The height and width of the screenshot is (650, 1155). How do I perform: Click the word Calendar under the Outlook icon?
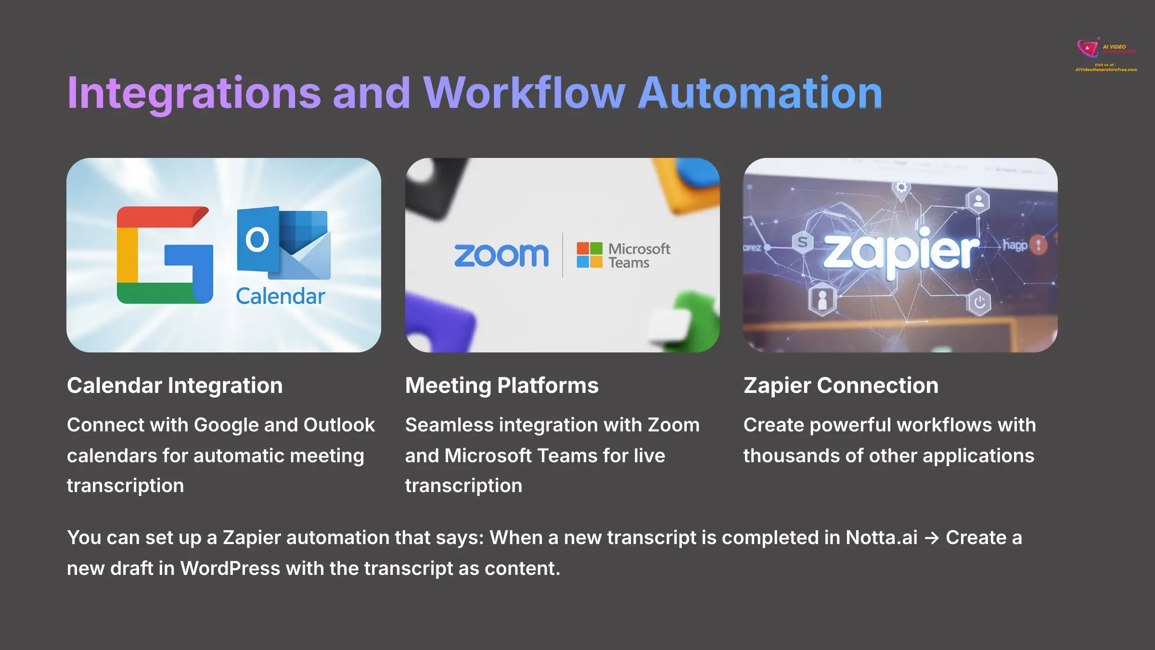pyautogui.click(x=281, y=296)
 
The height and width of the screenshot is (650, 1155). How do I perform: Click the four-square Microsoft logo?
pyautogui.click(x=590, y=255)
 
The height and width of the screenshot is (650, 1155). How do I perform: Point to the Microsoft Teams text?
pyautogui.click(x=639, y=255)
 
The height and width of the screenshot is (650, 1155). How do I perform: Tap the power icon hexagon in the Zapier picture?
pyautogui.click(x=979, y=302)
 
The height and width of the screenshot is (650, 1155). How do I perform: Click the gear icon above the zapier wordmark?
pyautogui.click(x=901, y=187)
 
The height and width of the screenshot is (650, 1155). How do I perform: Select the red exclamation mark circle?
pyautogui.click(x=1039, y=245)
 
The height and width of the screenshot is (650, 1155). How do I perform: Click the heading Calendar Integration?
pyautogui.click(x=175, y=385)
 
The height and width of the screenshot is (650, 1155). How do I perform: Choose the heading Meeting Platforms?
pyautogui.click(x=501, y=385)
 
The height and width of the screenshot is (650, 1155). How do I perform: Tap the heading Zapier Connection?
pyautogui.click(x=841, y=385)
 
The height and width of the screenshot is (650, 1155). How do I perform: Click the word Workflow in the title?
pyautogui.click(x=524, y=92)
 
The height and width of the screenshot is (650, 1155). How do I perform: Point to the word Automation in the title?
pyautogui.click(x=760, y=92)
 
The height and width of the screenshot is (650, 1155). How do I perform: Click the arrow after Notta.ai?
pyautogui.click(x=932, y=538)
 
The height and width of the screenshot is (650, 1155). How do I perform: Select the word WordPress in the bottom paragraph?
pyautogui.click(x=230, y=568)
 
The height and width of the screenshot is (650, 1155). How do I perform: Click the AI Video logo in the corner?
pyautogui.click(x=1089, y=48)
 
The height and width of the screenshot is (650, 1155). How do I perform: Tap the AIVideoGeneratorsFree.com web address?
pyautogui.click(x=1106, y=70)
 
